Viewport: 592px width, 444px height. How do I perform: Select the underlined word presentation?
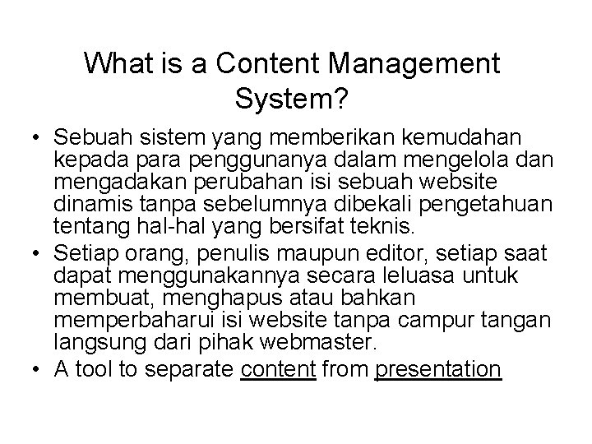pos(437,370)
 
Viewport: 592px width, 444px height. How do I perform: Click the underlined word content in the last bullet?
pos(278,370)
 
